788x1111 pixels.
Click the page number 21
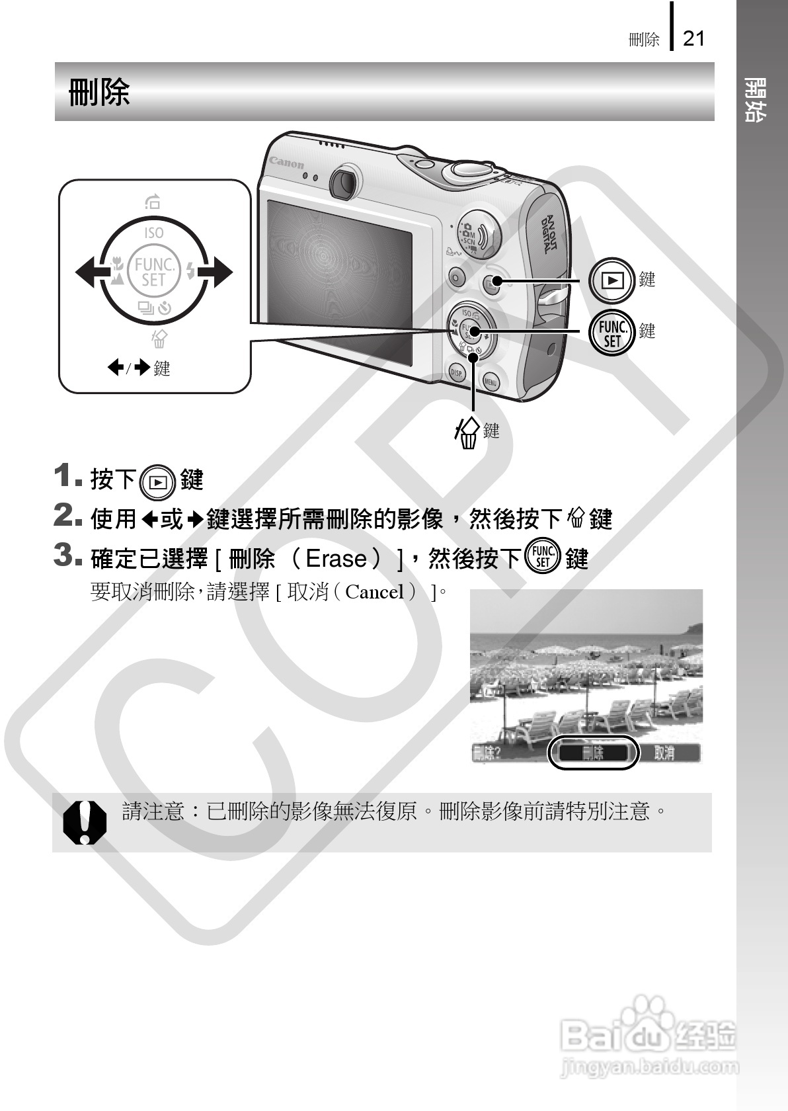tap(693, 38)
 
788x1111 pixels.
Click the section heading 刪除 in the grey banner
tap(99, 92)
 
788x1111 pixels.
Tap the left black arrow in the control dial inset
tap(87, 272)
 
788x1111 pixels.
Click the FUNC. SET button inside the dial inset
tap(153, 272)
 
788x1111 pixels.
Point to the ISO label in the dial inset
tap(153, 233)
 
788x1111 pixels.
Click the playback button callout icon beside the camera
tap(613, 280)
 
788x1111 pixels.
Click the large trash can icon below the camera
tap(467, 434)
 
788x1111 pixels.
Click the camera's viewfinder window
tap(343, 182)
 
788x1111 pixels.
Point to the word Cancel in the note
tap(374, 592)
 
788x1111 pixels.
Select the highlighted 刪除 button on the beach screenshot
tap(593, 753)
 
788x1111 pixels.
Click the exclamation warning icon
tap(85, 822)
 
